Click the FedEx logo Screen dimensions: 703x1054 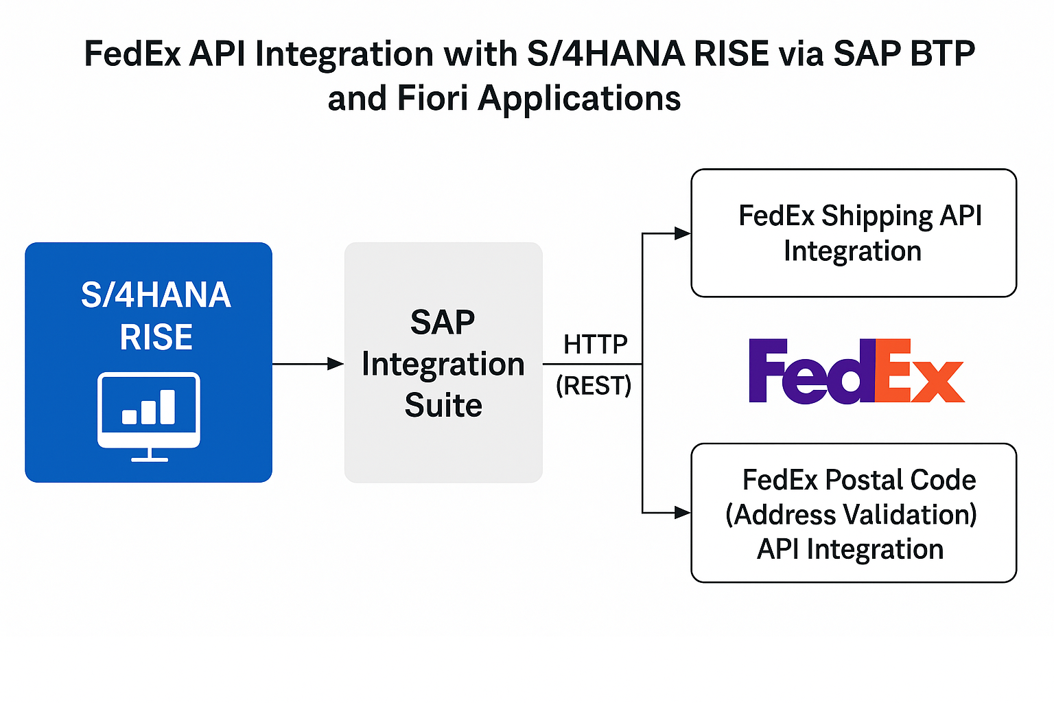856,371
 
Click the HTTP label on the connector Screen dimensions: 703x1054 595,344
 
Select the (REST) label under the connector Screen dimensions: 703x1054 594,386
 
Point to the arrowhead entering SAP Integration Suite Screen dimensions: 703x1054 336,364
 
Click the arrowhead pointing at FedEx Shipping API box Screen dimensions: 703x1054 682,233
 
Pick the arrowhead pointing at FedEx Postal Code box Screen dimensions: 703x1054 682,512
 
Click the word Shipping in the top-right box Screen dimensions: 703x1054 878,216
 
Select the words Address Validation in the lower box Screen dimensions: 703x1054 851,514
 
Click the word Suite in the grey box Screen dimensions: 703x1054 443,405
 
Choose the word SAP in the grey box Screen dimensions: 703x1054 443,322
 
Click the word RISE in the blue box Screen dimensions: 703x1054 156,337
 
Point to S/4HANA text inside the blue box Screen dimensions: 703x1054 156,295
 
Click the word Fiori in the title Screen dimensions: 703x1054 434,97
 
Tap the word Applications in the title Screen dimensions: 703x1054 579,99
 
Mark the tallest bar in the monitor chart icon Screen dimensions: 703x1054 167,407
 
